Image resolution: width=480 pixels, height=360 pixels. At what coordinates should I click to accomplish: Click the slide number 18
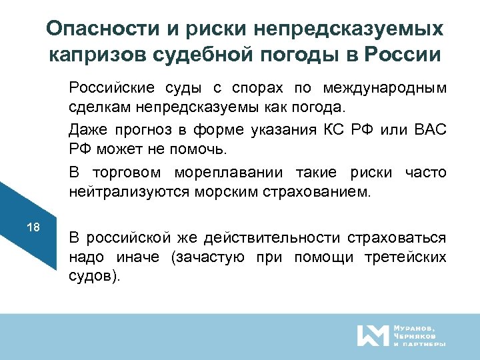pyautogui.click(x=33, y=228)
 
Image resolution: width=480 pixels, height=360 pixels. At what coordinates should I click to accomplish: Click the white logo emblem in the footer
pyautogui.click(x=372, y=335)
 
